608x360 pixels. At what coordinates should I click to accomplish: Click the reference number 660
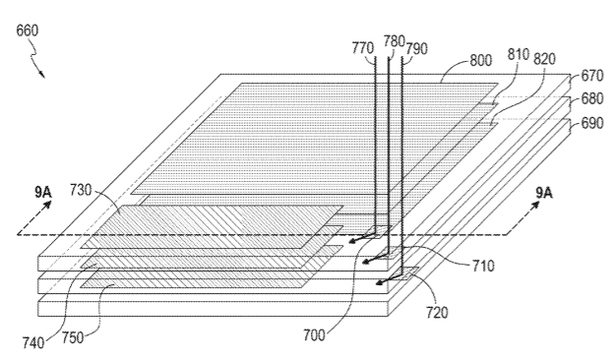(28, 30)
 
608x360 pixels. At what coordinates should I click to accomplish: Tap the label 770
(363, 48)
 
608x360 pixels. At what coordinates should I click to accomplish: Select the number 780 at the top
(394, 41)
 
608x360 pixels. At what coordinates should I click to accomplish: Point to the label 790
(417, 49)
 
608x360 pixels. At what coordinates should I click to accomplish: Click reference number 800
(481, 60)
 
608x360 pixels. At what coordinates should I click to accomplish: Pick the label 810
(518, 54)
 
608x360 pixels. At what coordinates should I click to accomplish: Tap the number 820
(545, 59)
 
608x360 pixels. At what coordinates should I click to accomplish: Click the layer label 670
(592, 75)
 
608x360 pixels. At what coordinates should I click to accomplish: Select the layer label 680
(592, 98)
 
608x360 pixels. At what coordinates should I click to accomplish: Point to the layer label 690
(592, 123)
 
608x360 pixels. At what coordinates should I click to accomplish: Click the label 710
(483, 266)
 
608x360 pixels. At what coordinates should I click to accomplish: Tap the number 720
(437, 312)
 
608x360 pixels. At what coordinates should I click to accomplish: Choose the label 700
(314, 334)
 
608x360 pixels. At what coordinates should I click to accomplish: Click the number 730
(81, 190)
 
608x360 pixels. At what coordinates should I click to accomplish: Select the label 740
(33, 343)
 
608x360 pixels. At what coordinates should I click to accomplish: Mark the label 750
(73, 337)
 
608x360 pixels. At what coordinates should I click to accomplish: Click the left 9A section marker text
(43, 192)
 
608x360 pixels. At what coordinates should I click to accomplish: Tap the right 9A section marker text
(544, 193)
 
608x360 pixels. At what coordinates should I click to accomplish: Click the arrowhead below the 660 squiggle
(41, 74)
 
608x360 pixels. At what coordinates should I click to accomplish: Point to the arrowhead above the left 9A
(47, 205)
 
